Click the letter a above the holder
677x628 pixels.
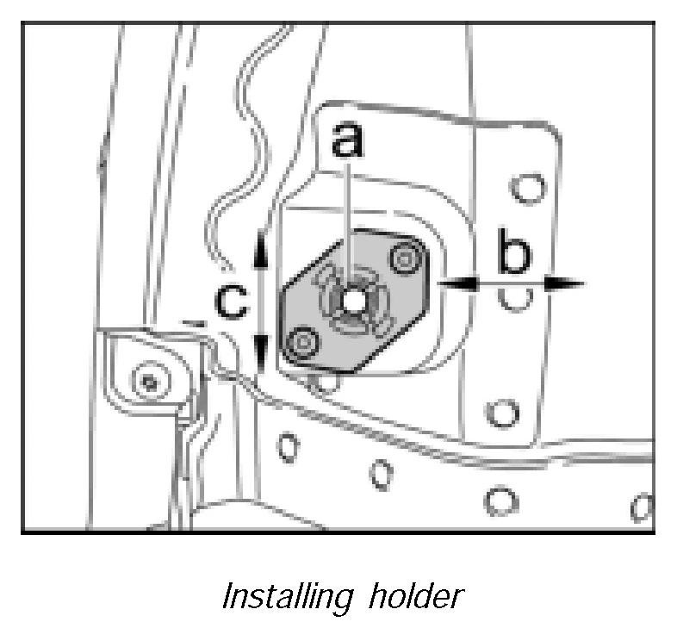coord(347,140)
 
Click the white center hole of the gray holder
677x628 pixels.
coord(351,302)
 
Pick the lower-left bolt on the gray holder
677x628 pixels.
coord(301,344)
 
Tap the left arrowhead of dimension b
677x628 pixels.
coord(466,282)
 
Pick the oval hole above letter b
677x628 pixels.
coord(525,189)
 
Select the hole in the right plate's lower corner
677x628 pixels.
coord(497,412)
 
